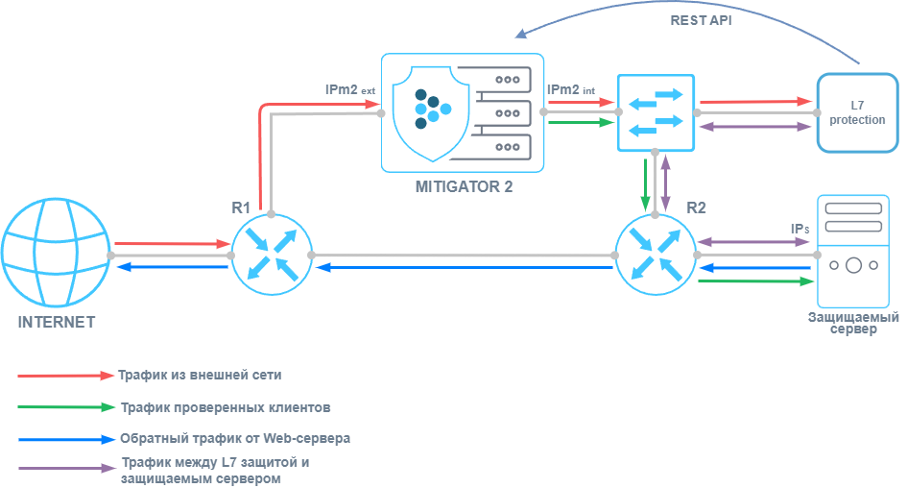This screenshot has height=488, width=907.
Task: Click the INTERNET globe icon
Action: tap(56, 255)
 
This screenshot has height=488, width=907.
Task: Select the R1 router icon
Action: tap(271, 255)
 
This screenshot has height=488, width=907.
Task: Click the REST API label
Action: tap(701, 20)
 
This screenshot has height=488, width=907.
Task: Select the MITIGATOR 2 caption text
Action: tap(464, 186)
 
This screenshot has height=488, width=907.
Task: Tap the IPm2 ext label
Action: tap(349, 89)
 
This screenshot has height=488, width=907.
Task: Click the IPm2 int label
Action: tap(571, 89)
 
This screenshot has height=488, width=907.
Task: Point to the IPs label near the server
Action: tap(800, 230)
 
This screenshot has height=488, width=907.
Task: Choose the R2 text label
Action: tap(696, 206)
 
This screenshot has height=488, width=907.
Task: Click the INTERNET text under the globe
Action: tap(56, 322)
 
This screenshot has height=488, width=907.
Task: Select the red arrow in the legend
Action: tap(65, 375)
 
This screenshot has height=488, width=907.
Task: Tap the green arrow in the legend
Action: tap(65, 407)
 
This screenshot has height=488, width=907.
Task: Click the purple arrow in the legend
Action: tap(65, 470)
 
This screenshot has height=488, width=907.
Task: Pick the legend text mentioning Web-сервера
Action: tap(235, 438)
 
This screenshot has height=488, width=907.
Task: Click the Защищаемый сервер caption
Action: tap(853, 323)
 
